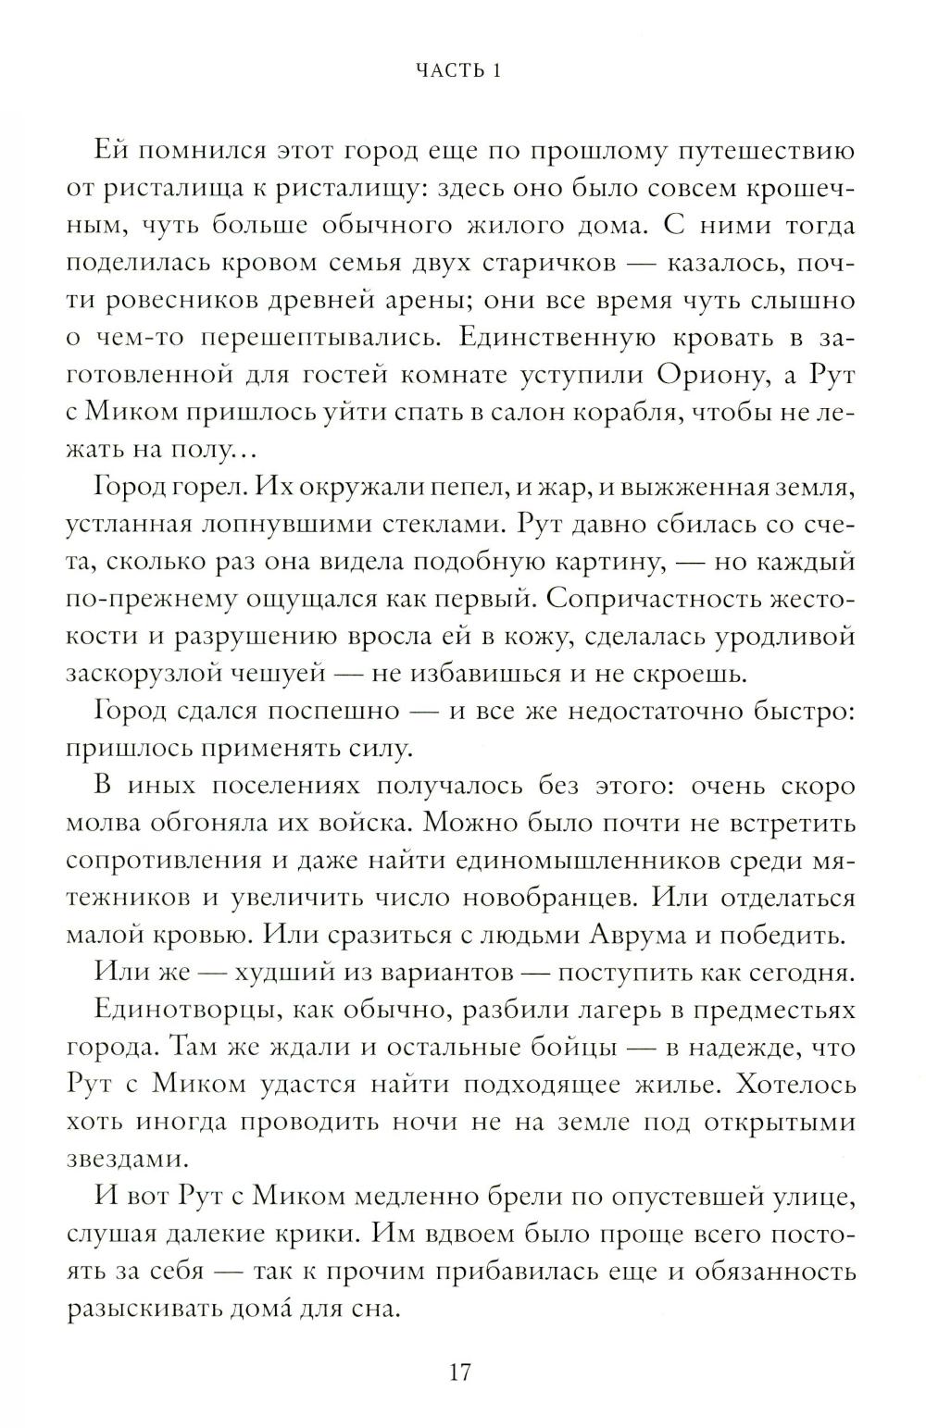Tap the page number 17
coord(460,1372)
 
